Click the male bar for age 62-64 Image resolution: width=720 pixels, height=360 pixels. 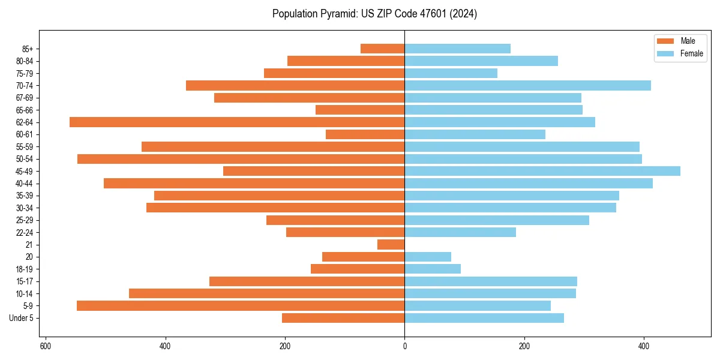pyautogui.click(x=237, y=122)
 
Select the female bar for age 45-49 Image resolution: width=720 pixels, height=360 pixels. pyautogui.click(x=542, y=171)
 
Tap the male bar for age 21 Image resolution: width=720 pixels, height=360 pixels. pyautogui.click(x=391, y=245)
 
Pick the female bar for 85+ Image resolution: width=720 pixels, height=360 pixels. pyautogui.click(x=458, y=49)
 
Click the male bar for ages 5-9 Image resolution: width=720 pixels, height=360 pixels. pyautogui.click(x=241, y=306)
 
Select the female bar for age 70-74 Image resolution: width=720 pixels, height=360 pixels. pyautogui.click(x=528, y=86)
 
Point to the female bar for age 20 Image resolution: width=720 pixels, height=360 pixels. pyautogui.click(x=428, y=257)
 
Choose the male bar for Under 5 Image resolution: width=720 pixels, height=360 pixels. pyautogui.click(x=343, y=318)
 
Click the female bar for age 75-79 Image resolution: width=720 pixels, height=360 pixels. pyautogui.click(x=451, y=73)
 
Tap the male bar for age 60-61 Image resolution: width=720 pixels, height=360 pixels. pyautogui.click(x=365, y=134)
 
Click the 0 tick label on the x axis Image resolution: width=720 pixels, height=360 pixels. pyautogui.click(x=405, y=346)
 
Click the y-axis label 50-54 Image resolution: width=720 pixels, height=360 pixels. pyautogui.click(x=25, y=159)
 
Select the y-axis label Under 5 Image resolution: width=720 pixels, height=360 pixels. pyautogui.click(x=22, y=318)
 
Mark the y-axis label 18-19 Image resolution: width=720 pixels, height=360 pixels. pyautogui.click(x=25, y=269)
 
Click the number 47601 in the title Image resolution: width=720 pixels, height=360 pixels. pyautogui.click(x=422, y=14)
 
